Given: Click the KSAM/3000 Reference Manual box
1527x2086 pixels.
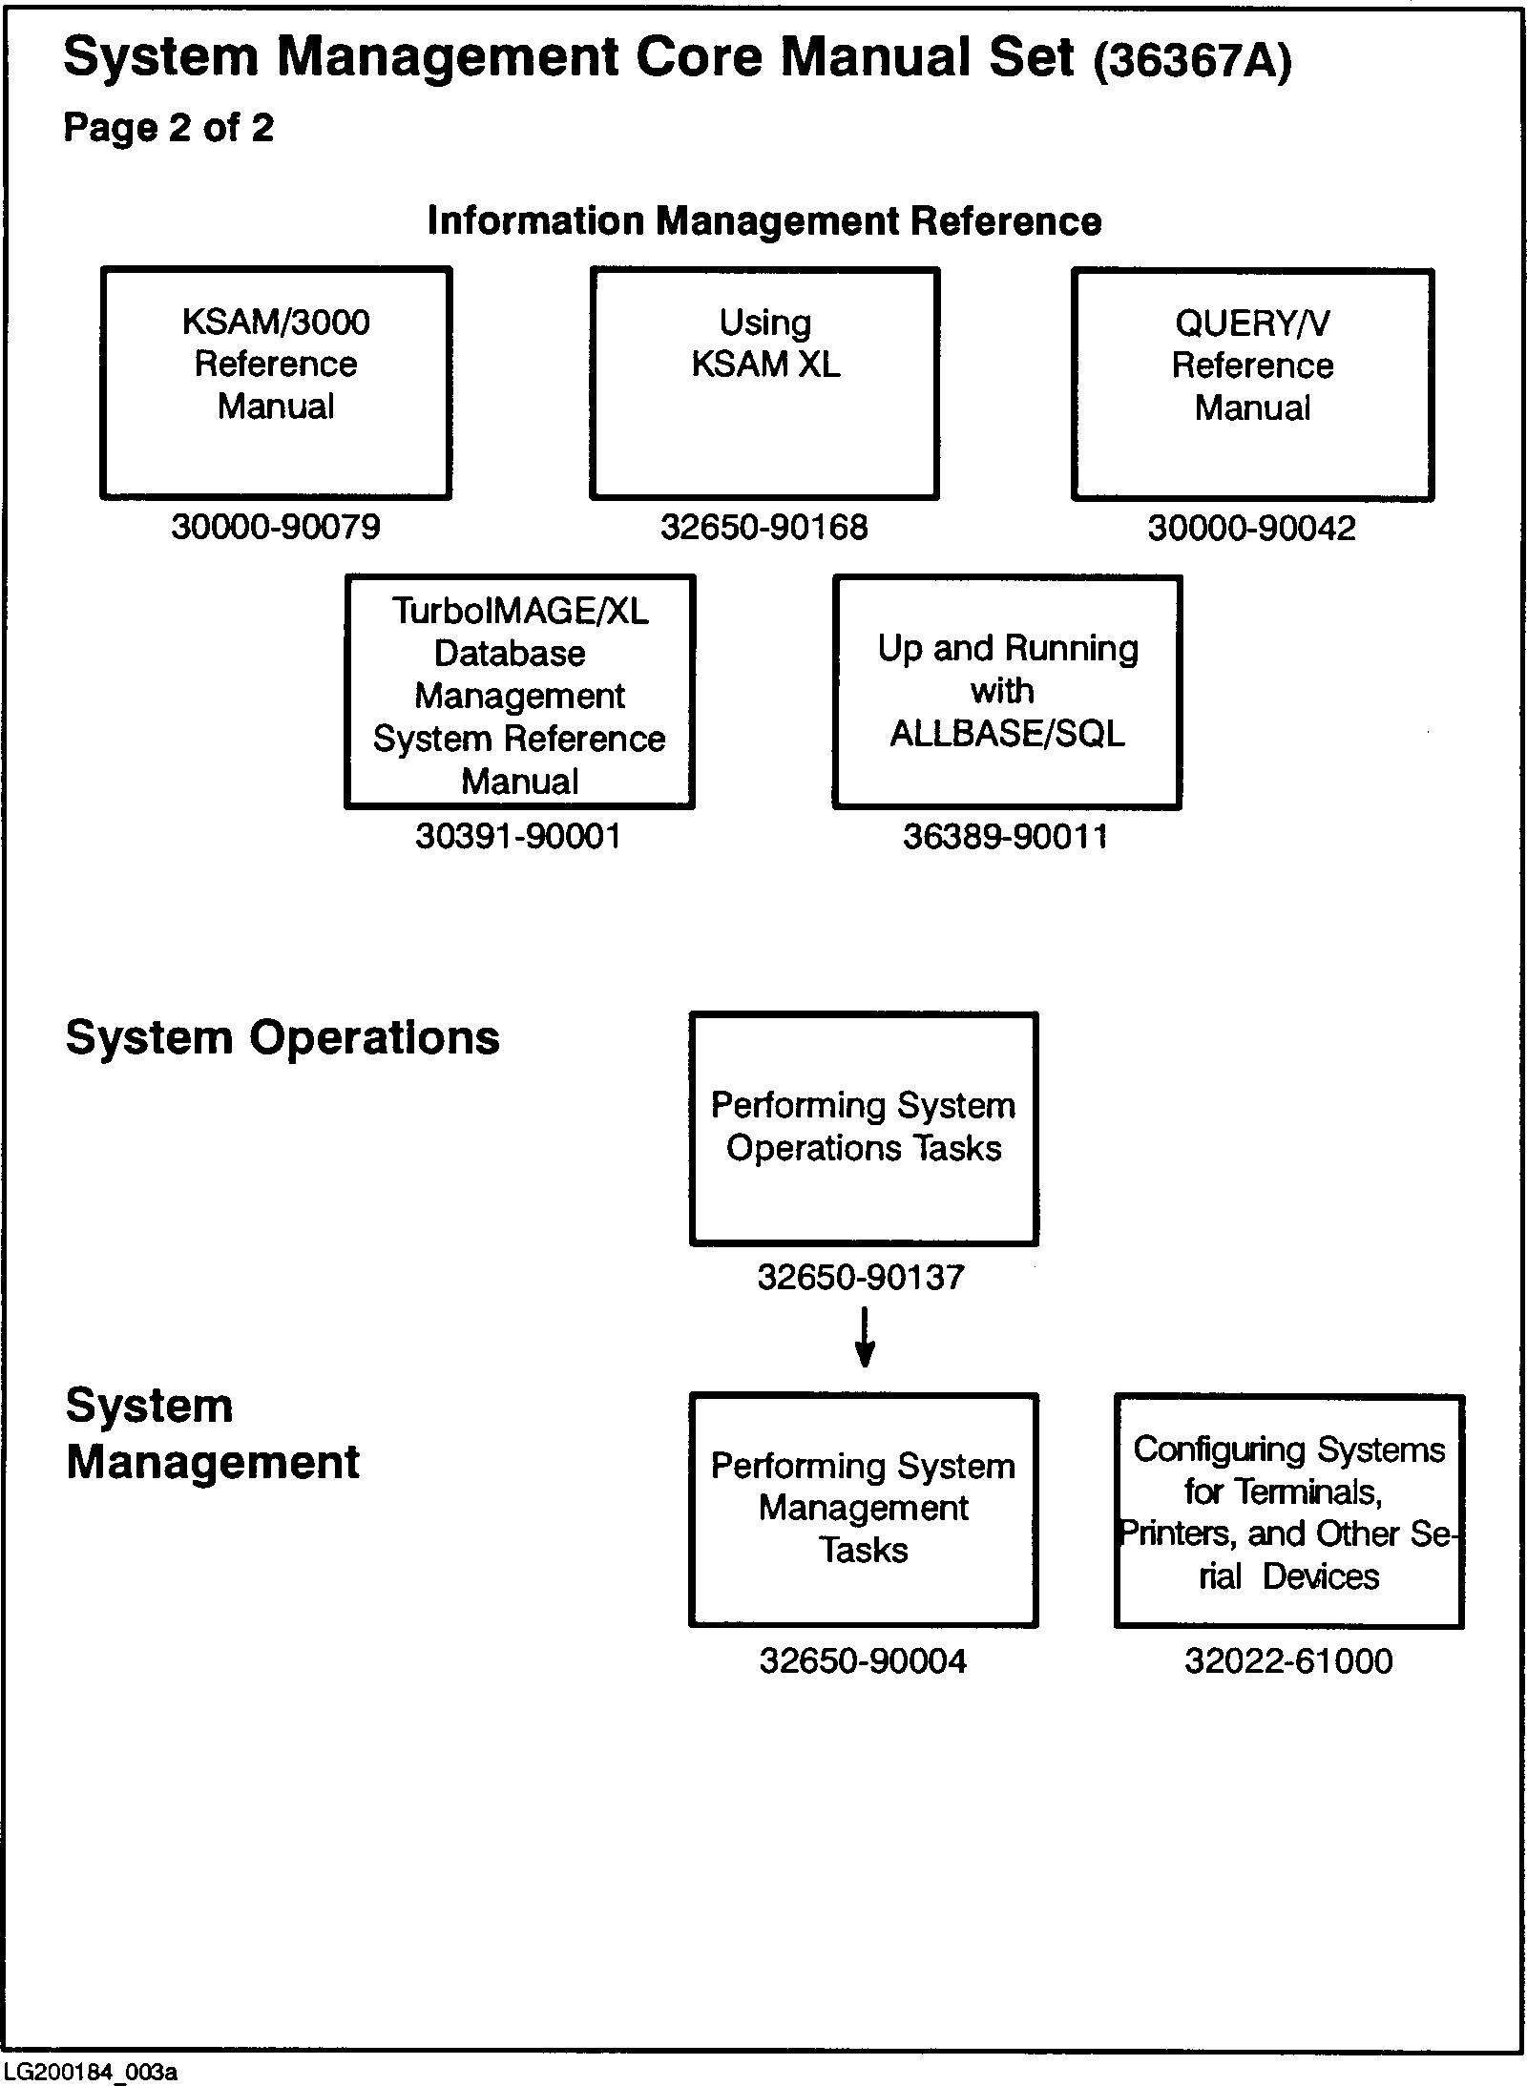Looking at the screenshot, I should pyautogui.click(x=276, y=383).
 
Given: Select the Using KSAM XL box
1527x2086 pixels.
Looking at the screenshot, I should pyautogui.click(x=764, y=383).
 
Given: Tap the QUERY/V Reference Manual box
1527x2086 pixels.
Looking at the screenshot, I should pyautogui.click(x=1252, y=385).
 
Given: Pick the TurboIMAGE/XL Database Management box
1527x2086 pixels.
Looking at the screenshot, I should pyautogui.click(x=519, y=692).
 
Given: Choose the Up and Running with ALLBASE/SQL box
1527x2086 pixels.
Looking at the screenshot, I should pyautogui.click(x=1007, y=692).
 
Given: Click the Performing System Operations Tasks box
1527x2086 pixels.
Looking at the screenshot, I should pyautogui.click(x=864, y=1129).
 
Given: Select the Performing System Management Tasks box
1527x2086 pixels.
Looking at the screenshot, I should pyautogui.click(x=864, y=1510).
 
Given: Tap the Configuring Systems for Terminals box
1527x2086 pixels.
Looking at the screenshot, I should pyautogui.click(x=1288, y=1512).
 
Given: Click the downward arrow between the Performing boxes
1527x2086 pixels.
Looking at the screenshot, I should pyautogui.click(x=865, y=1338).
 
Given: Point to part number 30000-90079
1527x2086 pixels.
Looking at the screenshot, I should pyautogui.click(x=276, y=527).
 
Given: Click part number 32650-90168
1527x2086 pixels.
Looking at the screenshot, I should pyautogui.click(x=764, y=527).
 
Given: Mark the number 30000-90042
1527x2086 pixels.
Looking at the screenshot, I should pyautogui.click(x=1251, y=529).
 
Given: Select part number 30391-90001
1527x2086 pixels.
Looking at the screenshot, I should pyautogui.click(x=518, y=837).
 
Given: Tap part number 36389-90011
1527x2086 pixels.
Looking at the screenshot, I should pyautogui.click(x=1006, y=837).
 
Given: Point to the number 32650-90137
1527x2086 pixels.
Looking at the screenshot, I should pyautogui.click(x=862, y=1277).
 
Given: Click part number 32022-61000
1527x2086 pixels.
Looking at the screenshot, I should pyautogui.click(x=1288, y=1661).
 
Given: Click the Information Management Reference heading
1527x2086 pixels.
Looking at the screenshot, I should pyautogui.click(x=764, y=221).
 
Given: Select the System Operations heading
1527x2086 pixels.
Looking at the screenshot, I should pyautogui.click(x=282, y=1038).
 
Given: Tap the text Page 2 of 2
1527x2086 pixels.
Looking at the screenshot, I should pyautogui.click(x=169, y=128).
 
